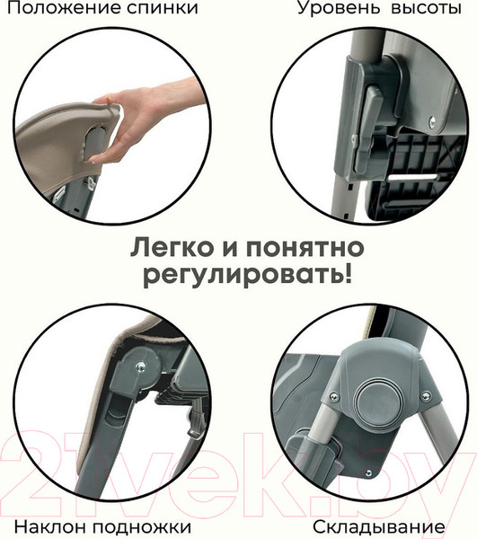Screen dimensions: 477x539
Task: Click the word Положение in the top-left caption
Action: pyautogui.click(x=65, y=8)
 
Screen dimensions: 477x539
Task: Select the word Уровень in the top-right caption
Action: pyautogui.click(x=340, y=8)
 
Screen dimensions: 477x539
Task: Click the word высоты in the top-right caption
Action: pyautogui.click(x=427, y=8)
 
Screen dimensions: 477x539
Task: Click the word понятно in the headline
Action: pyautogui.click(x=305, y=248)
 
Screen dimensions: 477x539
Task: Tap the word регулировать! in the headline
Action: pyautogui.click(x=248, y=276)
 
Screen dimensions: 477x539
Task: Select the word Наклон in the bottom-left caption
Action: pyautogui.click(x=51, y=526)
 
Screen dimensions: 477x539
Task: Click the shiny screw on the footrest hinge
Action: pyautogui.click(x=140, y=367)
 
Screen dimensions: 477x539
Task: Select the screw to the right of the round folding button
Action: pyautogui.click(x=426, y=396)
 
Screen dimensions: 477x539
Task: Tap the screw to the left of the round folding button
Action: pyautogui.click(x=333, y=397)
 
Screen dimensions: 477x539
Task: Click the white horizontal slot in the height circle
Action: pyautogui.click(x=413, y=178)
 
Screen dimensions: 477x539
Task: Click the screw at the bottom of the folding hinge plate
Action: pyautogui.click(x=368, y=473)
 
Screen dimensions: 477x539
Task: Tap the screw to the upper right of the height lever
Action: pyautogui.click(x=432, y=120)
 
